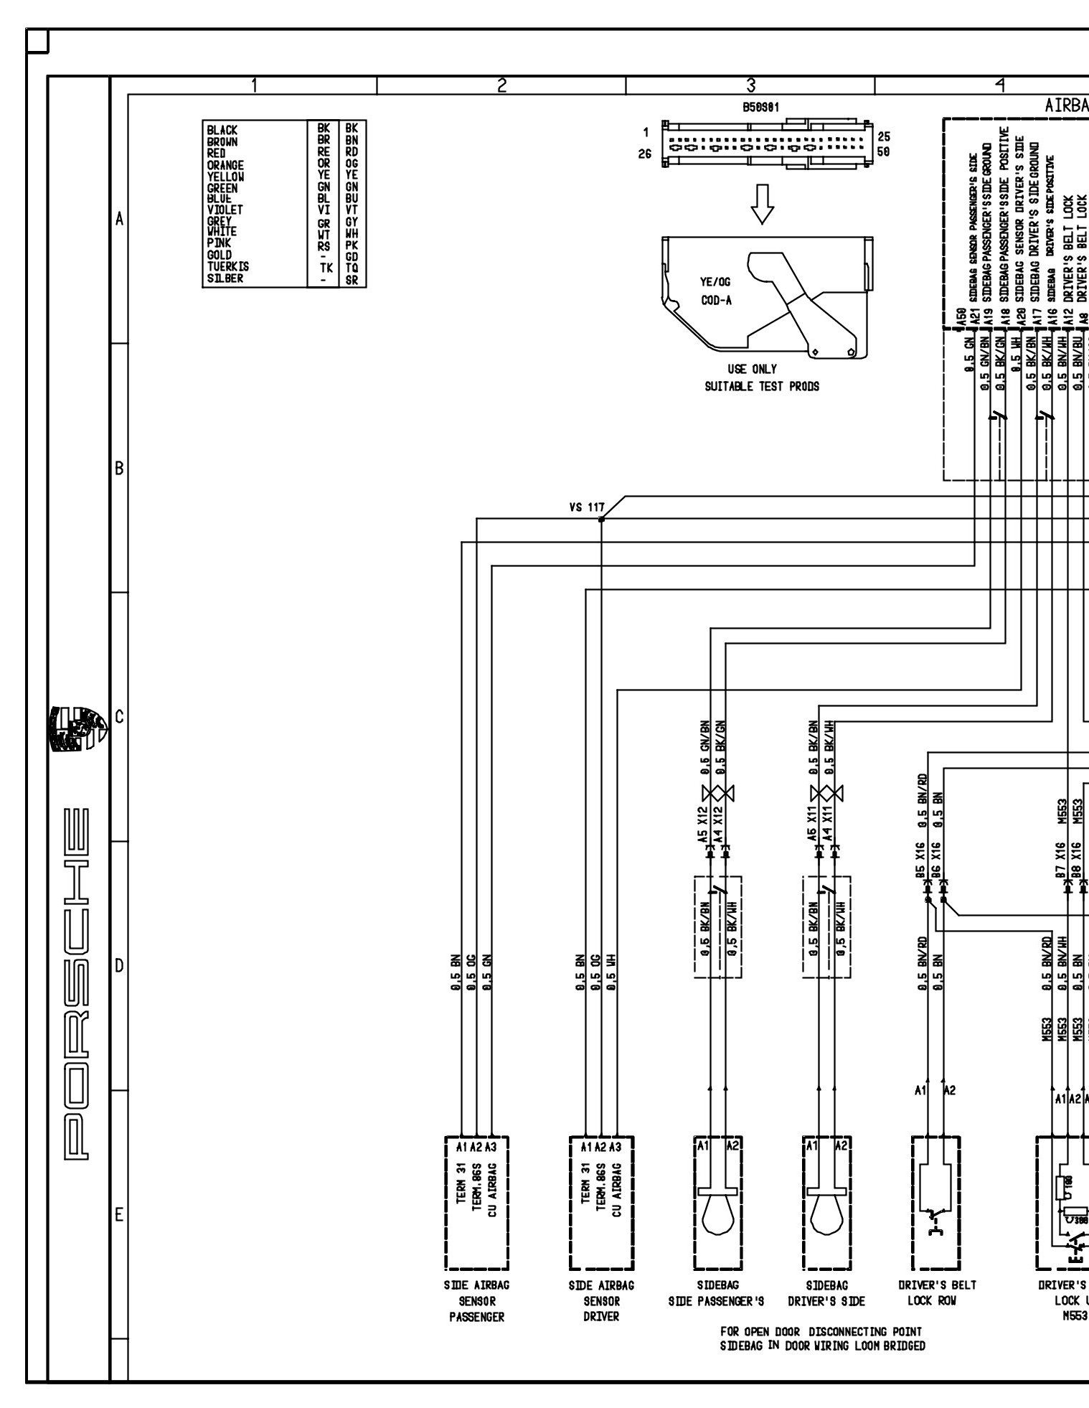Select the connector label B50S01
[762, 107]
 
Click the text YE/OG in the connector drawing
[716, 283]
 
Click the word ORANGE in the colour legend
[225, 165]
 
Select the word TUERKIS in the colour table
[228, 267]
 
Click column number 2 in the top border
[501, 85]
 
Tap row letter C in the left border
[119, 717]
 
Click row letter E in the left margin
[119, 1215]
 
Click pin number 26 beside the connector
[646, 153]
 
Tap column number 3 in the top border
[750, 85]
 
